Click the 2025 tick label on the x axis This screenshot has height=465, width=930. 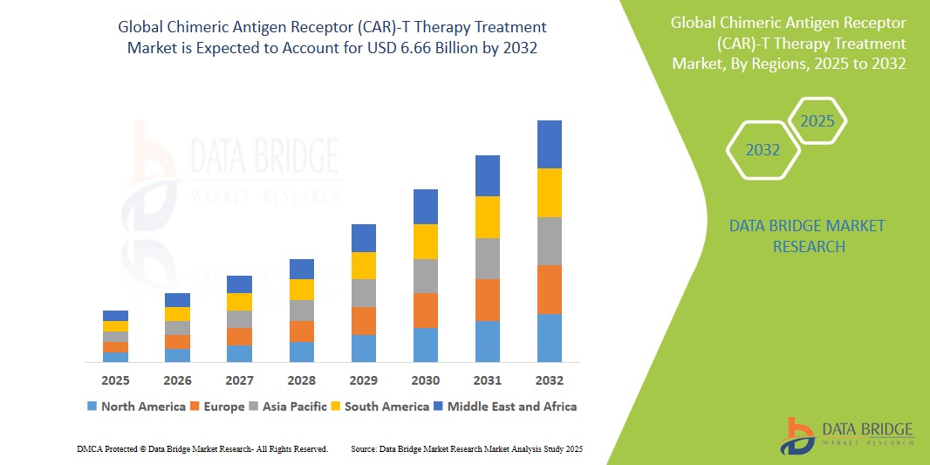[x=115, y=380]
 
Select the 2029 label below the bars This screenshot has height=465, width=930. [x=364, y=380]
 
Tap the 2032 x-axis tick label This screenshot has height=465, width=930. [x=549, y=380]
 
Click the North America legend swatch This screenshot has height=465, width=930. [x=92, y=407]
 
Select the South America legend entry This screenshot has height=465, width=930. [x=380, y=407]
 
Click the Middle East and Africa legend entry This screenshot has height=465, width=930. [x=506, y=407]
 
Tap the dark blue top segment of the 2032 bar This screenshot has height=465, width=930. [x=549, y=144]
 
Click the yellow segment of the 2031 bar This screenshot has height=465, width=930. [x=487, y=217]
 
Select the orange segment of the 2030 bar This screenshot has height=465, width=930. [x=425, y=311]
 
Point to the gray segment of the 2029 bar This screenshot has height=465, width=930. [x=364, y=293]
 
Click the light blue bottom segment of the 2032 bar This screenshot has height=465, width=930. [x=549, y=338]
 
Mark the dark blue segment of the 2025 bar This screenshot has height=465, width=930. [x=115, y=316]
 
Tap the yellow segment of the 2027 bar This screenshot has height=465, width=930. [x=239, y=302]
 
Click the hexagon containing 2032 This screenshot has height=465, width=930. [x=763, y=150]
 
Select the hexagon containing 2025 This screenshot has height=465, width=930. [x=817, y=121]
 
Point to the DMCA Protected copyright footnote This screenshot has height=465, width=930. [x=202, y=448]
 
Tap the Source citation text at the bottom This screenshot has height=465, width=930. [x=466, y=448]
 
